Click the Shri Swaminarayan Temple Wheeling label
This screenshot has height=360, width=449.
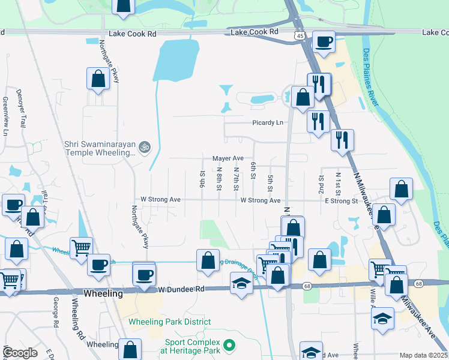tap(100, 149)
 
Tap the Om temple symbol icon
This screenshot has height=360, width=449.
tap(144, 146)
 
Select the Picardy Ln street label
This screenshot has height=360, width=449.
tap(267, 122)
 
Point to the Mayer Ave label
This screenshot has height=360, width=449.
tap(228, 158)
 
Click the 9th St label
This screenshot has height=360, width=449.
tap(203, 179)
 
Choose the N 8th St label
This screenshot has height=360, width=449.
tap(220, 178)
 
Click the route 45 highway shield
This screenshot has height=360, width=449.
tap(299, 37)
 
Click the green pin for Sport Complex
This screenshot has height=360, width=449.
tap(228, 346)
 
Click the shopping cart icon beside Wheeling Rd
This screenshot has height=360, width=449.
tap(81, 247)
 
